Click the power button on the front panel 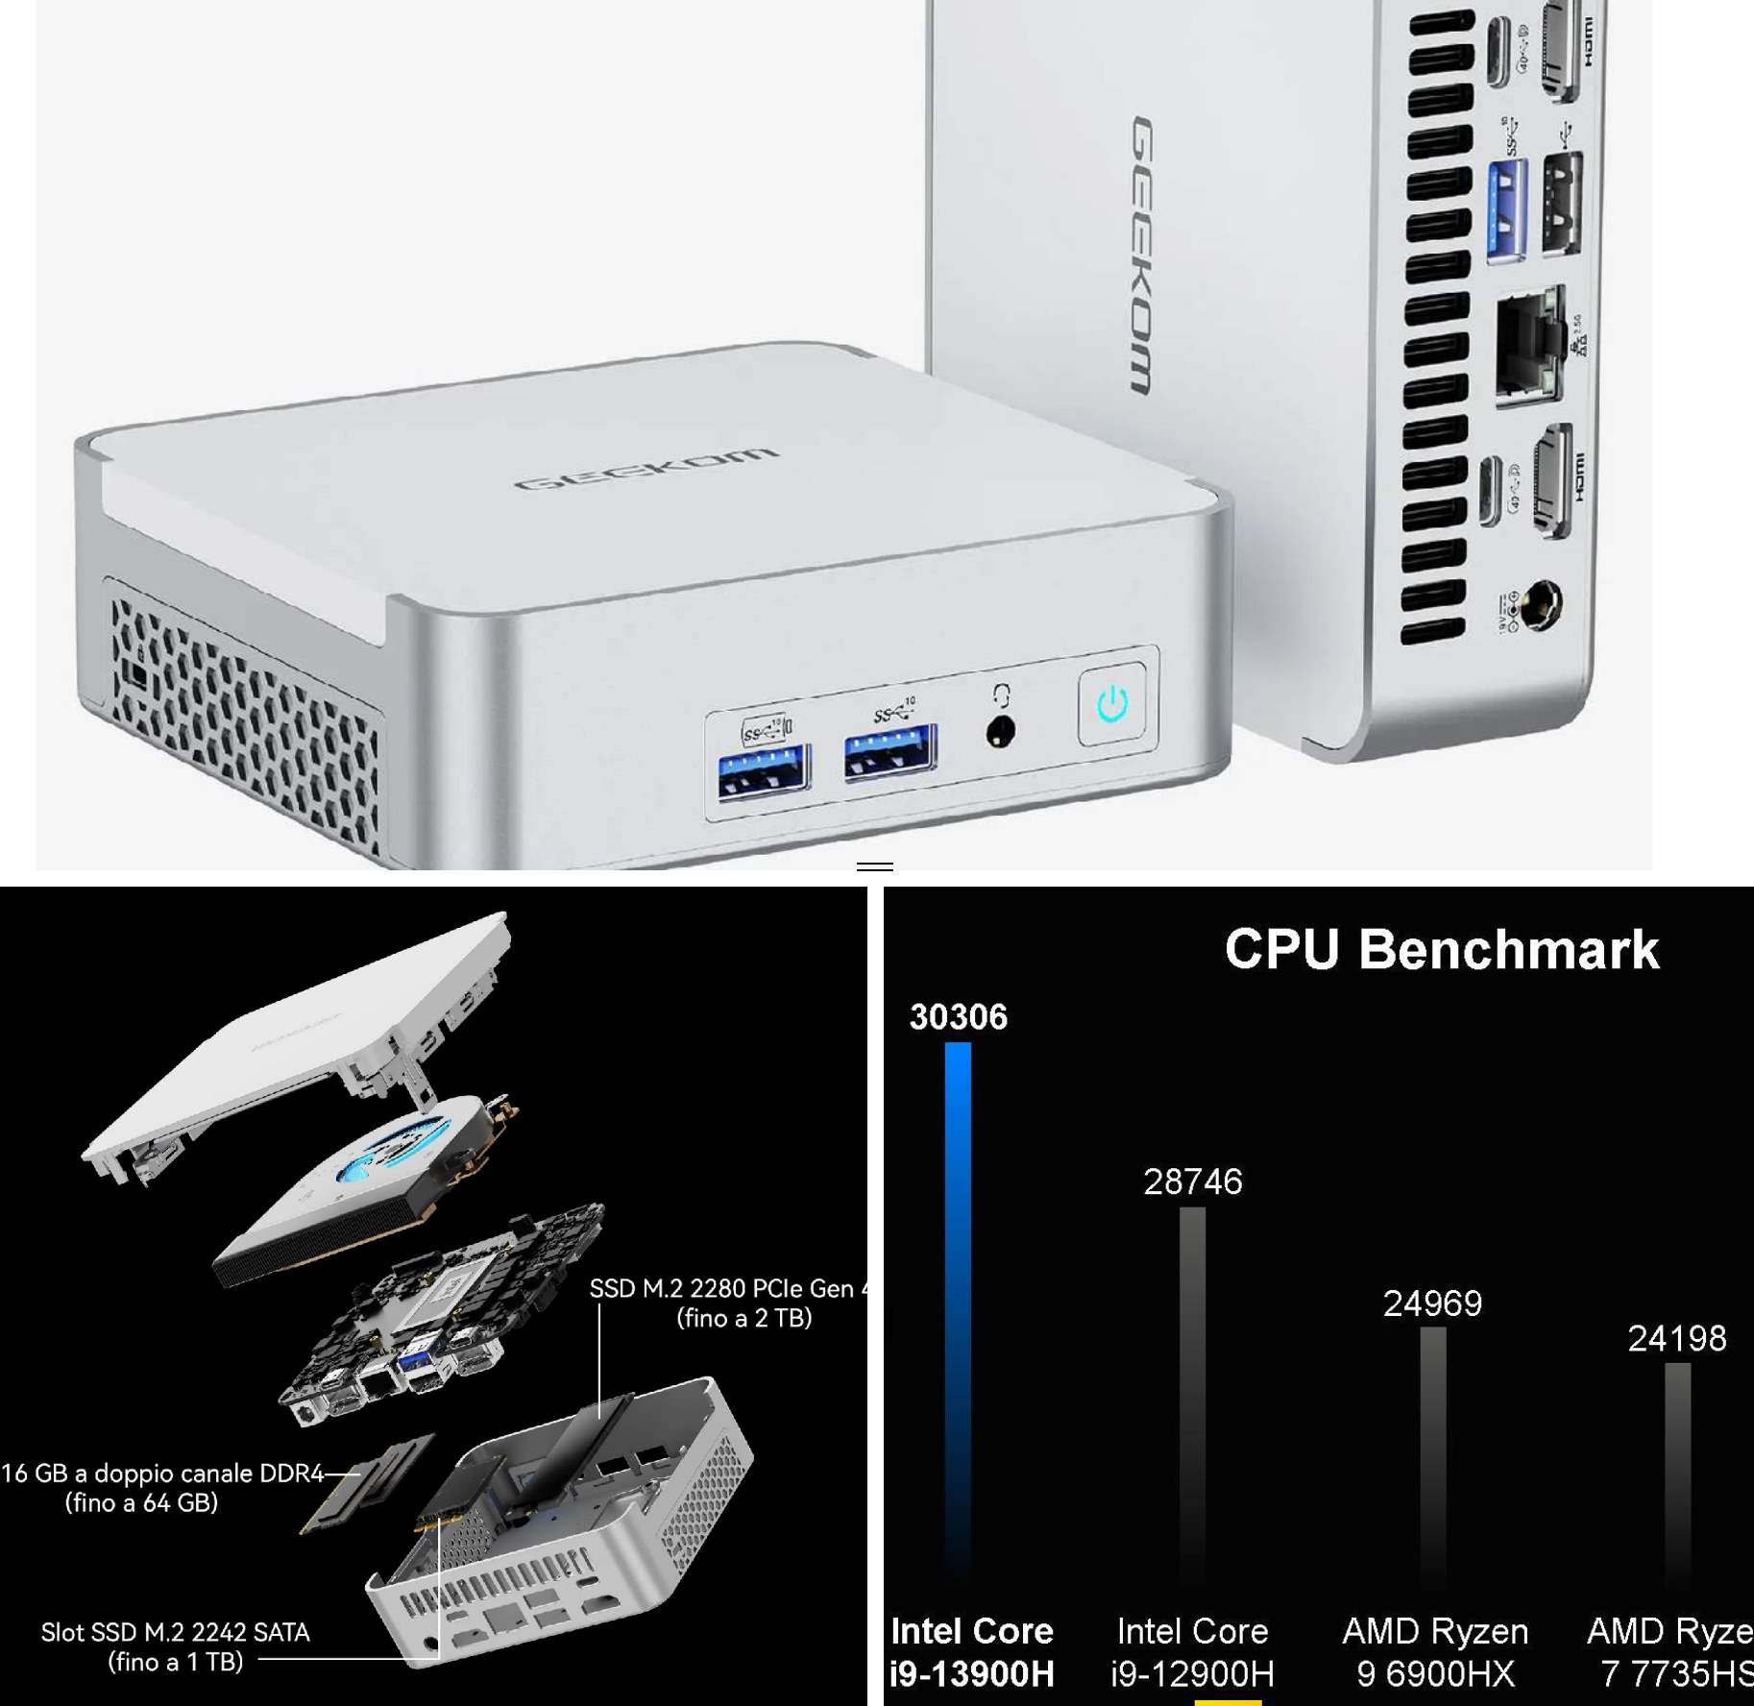[x=1111, y=704]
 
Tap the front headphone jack [x=1001, y=732]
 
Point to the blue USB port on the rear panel [x=1505, y=211]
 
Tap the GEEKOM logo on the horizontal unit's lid [x=646, y=468]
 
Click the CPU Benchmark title [x=1441, y=949]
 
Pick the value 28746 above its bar [x=1192, y=1182]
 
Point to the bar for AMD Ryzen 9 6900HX [x=1432, y=1460]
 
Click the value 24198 [x=1676, y=1338]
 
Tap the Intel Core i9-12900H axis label [x=1192, y=1652]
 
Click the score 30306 [x=958, y=1017]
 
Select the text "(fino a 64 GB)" [x=141, y=1502]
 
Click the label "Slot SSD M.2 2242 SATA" [x=175, y=1632]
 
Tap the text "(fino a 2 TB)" [x=744, y=1318]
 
